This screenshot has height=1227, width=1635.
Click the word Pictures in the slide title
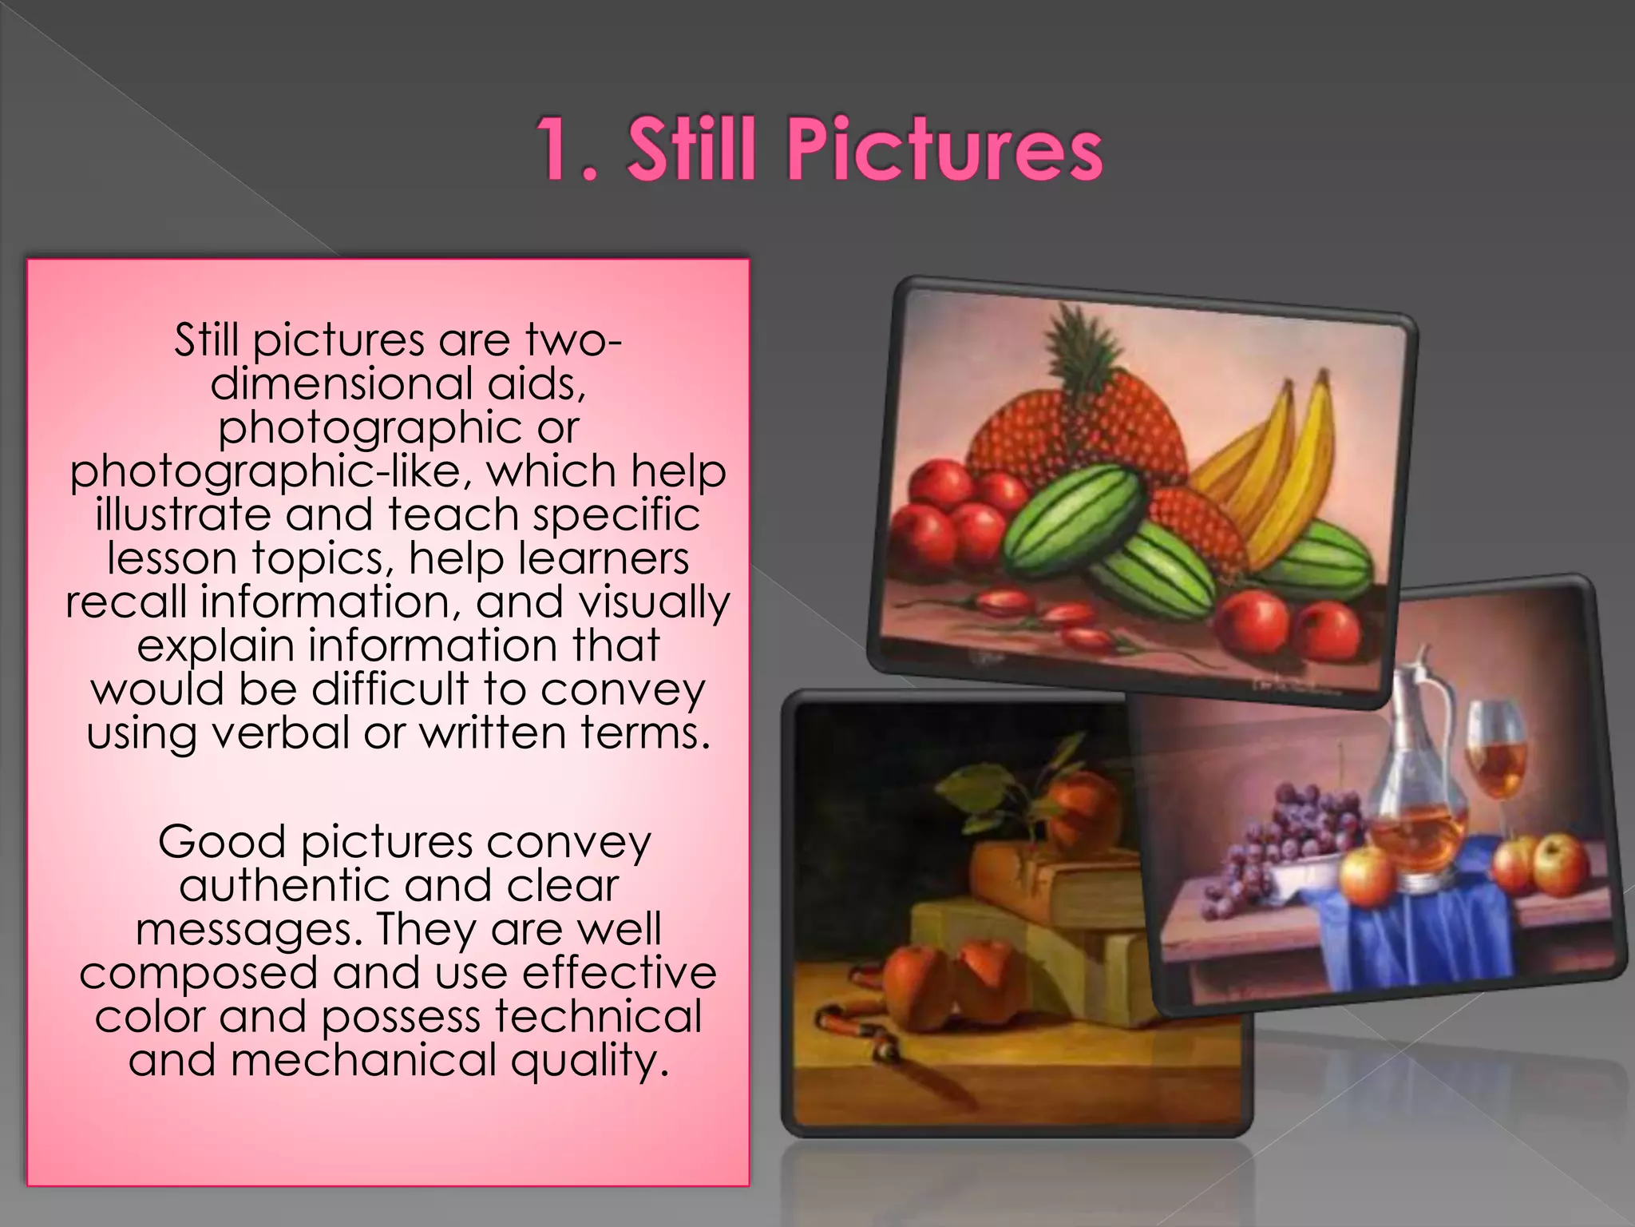(945, 150)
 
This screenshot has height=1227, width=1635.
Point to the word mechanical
(363, 1060)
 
